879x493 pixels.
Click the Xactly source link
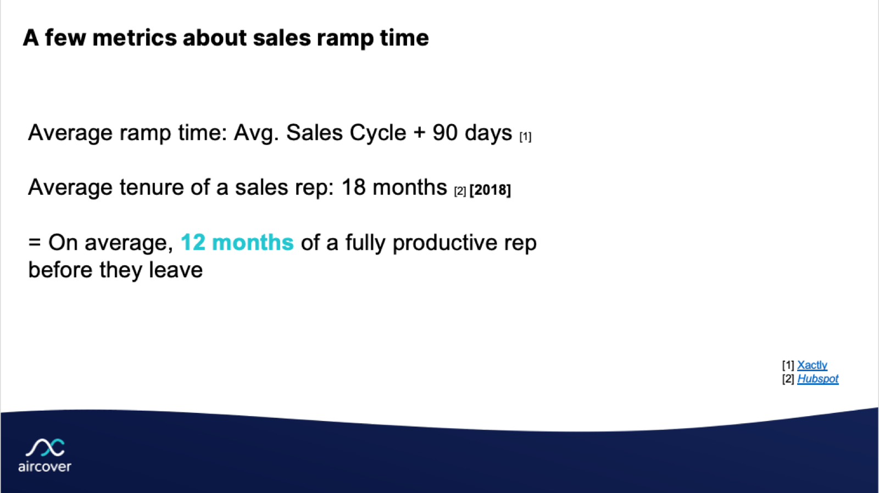(812, 365)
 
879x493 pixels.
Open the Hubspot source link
(818, 379)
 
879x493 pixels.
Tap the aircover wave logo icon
(45, 447)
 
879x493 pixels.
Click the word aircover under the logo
(44, 467)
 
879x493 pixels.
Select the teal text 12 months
(237, 242)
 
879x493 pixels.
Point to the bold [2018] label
(490, 190)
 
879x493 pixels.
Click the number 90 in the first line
(444, 132)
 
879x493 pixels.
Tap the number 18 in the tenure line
(354, 187)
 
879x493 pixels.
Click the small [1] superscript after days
(525, 137)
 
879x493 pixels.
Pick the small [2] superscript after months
(460, 192)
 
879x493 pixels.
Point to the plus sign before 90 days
(420, 132)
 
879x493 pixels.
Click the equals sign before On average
(35, 242)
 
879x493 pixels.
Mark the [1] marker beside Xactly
(788, 365)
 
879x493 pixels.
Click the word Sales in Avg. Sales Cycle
(314, 132)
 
